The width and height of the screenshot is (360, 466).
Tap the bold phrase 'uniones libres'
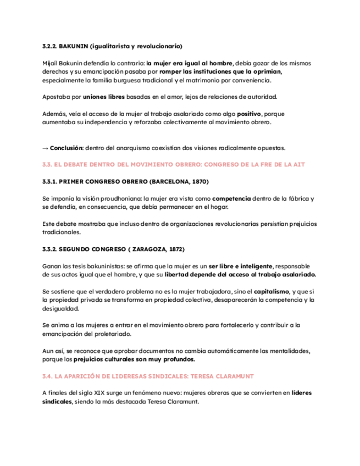[104, 97]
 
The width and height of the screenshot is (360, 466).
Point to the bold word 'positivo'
[248, 114]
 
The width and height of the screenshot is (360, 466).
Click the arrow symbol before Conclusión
[45, 148]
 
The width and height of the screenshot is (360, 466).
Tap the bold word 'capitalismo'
[273, 291]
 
